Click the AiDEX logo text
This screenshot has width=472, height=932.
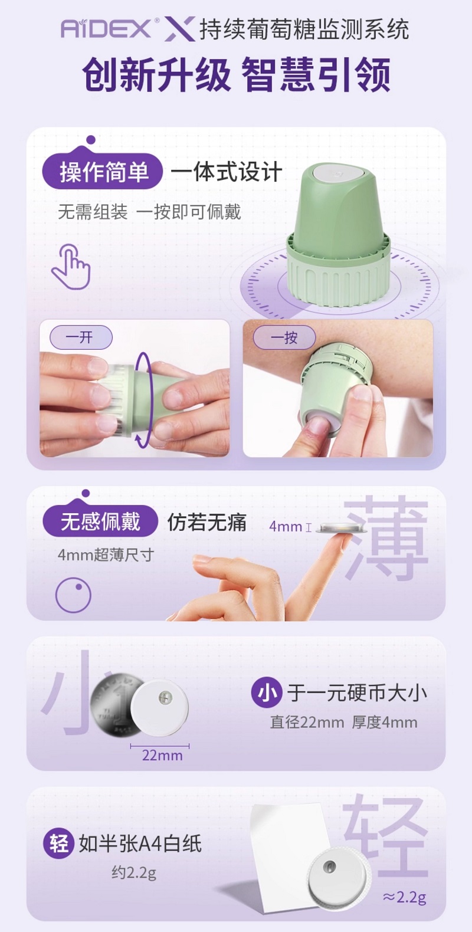pos(107,29)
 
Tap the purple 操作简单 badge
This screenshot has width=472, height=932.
pos(103,171)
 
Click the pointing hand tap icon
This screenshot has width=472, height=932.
pos(71,266)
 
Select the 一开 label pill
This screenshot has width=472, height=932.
pos(81,337)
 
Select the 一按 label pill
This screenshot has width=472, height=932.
pos(284,337)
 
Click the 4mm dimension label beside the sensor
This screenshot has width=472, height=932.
pos(286,526)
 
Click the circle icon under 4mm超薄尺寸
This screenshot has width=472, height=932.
pos(73,595)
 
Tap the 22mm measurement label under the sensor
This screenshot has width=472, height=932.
pos(162,755)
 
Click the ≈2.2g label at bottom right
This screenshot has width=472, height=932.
pos(404,897)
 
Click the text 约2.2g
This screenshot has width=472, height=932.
pos(133,872)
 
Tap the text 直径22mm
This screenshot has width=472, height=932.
pos(307,722)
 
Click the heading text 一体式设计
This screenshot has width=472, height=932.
pos(227,172)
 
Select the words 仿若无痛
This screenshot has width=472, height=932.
pos(207,522)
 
